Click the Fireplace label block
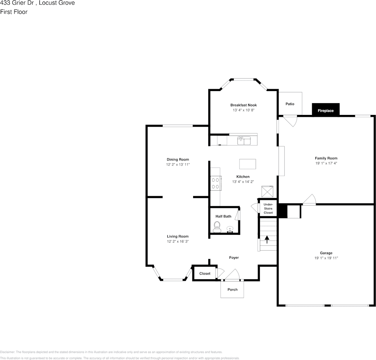(x=326, y=110)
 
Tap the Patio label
(x=289, y=104)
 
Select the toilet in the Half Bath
(x=217, y=227)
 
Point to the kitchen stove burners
(x=216, y=183)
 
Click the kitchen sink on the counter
(x=244, y=140)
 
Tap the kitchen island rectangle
(x=247, y=164)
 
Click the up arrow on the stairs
(x=267, y=239)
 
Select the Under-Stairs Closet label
(x=268, y=209)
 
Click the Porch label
(x=232, y=289)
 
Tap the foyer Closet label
(x=205, y=274)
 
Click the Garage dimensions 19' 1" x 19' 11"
(x=326, y=258)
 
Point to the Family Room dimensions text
(x=326, y=163)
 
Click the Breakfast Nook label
(x=243, y=105)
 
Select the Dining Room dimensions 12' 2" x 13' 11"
(x=178, y=164)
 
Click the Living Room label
(x=178, y=236)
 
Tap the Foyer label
(x=234, y=258)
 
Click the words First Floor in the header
(x=14, y=12)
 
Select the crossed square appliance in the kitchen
(x=267, y=191)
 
